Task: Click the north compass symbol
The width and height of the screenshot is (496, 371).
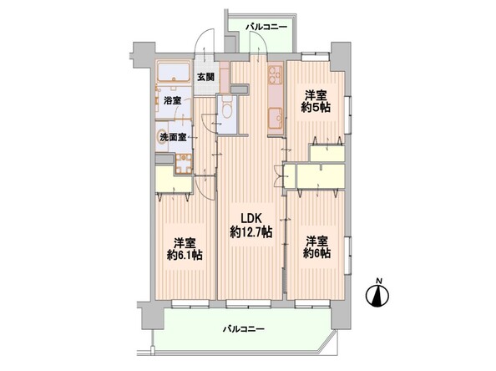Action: coord(377,293)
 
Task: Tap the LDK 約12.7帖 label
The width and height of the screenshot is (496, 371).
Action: coord(251,225)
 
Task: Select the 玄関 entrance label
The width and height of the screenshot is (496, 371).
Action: coord(206,77)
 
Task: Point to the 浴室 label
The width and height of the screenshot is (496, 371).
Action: coord(172,101)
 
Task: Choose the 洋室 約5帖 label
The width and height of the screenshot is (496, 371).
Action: coord(316,101)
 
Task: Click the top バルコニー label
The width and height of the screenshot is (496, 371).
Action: coord(266,28)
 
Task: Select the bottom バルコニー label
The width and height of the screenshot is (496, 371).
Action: coord(243,329)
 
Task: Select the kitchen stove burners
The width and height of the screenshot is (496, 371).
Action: coord(275,74)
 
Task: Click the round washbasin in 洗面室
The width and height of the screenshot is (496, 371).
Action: coord(162,138)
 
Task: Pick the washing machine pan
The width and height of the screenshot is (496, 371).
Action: coord(184,163)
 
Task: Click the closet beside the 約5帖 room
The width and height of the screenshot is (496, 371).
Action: coord(327,153)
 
